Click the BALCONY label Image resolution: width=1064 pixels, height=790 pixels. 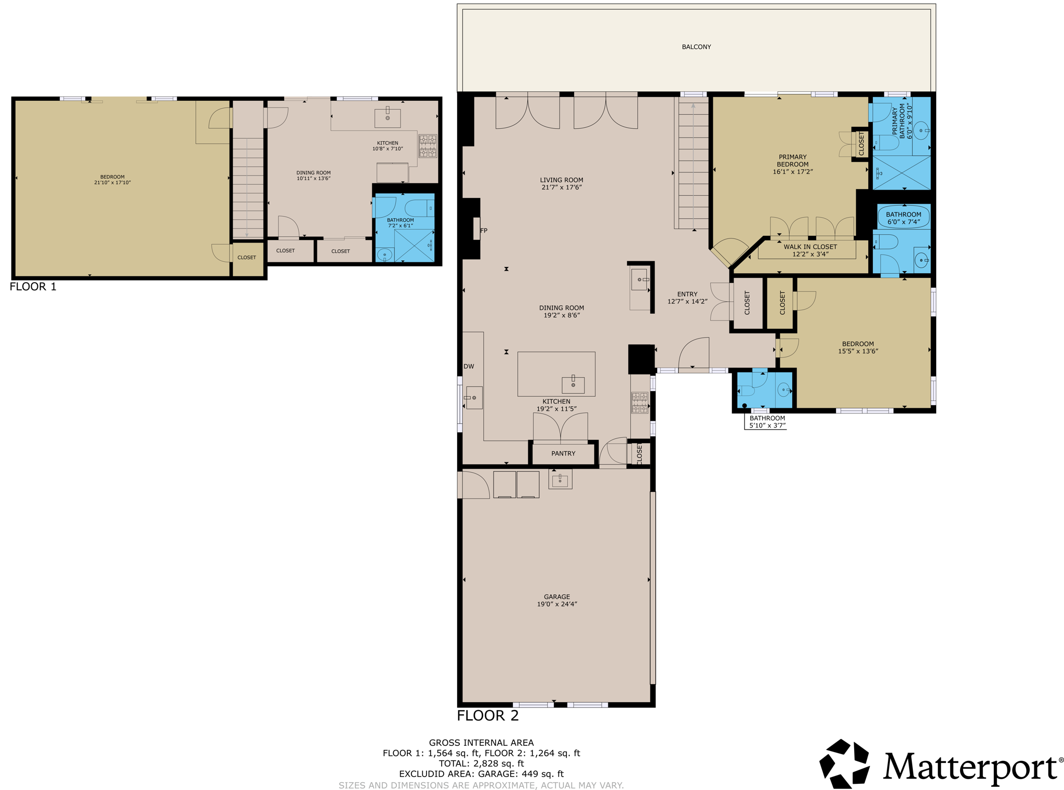click(696, 47)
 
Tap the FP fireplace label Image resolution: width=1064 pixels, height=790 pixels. click(484, 231)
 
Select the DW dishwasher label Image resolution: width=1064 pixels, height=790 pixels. click(469, 366)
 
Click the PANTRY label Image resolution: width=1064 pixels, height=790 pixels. click(563, 453)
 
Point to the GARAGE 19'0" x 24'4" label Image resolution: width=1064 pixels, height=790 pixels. click(557, 600)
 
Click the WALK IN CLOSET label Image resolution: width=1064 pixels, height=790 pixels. click(810, 247)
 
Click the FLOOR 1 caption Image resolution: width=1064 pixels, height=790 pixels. click(33, 287)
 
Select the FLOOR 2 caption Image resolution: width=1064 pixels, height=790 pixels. click(487, 716)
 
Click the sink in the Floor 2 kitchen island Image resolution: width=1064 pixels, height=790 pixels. click(573, 384)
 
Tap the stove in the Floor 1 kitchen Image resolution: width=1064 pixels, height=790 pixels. click(428, 146)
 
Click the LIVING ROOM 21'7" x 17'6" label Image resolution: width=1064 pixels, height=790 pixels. click(561, 184)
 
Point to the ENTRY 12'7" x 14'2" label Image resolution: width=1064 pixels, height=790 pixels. click(687, 298)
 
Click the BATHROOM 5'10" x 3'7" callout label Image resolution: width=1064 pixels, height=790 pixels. click(767, 422)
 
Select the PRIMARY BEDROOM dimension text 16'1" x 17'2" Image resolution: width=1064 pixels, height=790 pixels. click(792, 171)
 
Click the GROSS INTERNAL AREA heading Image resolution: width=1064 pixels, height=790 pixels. click(481, 743)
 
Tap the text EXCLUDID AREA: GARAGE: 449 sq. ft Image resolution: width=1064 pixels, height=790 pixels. click(481, 774)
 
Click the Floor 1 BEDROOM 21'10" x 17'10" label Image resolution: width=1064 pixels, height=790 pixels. click(112, 180)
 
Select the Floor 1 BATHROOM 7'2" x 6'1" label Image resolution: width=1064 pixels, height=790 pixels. click(400, 223)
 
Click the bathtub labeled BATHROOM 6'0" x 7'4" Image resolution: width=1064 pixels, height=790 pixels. click(903, 217)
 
